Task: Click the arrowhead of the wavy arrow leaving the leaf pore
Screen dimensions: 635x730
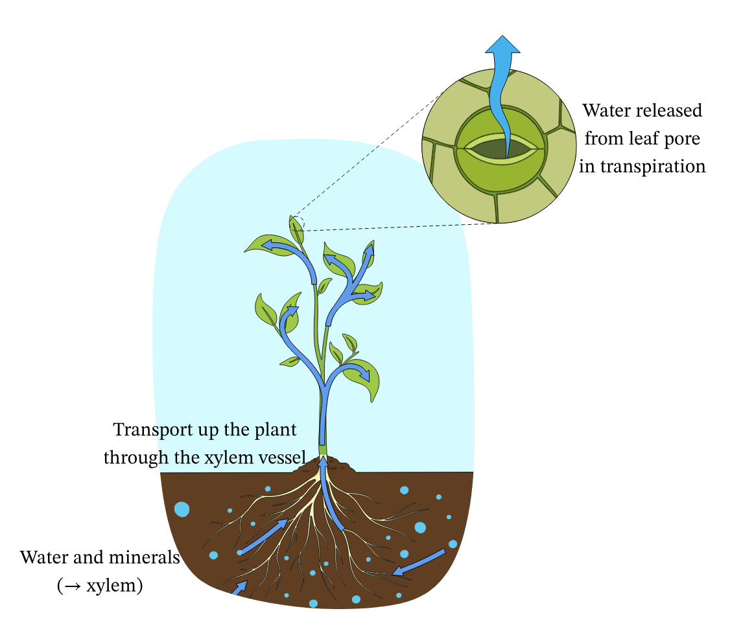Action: [503, 46]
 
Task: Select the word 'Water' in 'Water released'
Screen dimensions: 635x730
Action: [607, 111]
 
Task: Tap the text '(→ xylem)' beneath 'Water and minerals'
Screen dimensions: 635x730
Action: [100, 586]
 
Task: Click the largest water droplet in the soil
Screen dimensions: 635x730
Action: [182, 509]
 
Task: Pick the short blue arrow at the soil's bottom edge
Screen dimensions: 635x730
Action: [239, 588]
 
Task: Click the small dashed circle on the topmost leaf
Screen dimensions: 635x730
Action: [297, 223]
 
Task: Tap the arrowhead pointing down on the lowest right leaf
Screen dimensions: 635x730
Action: [366, 376]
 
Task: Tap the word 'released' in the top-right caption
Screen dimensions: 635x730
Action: [673, 111]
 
